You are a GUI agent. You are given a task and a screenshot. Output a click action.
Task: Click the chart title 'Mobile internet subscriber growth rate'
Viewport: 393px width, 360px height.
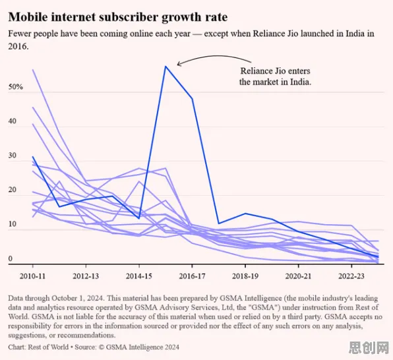pyautogui.click(x=118, y=17)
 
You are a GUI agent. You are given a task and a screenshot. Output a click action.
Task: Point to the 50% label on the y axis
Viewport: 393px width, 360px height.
pyautogui.click(x=16, y=87)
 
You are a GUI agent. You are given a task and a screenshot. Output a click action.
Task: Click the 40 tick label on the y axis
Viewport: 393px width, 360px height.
pyautogui.click(x=13, y=121)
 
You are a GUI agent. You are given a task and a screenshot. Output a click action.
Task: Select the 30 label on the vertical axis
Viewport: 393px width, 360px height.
pyautogui.click(x=13, y=156)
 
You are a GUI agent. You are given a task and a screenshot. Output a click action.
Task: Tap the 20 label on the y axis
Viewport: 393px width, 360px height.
pyautogui.click(x=13, y=190)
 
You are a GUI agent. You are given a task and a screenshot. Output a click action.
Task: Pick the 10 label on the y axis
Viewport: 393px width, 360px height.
pyautogui.click(x=13, y=224)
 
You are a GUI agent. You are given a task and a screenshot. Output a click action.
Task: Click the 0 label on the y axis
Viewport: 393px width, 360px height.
pyautogui.click(x=11, y=258)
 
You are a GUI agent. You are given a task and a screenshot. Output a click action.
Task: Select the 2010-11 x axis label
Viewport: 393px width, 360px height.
pyautogui.click(x=32, y=276)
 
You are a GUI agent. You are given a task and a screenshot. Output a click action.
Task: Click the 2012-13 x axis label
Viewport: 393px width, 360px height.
pyautogui.click(x=86, y=276)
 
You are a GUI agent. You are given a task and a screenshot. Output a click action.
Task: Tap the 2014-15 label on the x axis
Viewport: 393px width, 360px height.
pyautogui.click(x=139, y=276)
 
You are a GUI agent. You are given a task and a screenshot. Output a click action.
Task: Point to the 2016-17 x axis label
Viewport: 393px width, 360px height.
pyautogui.click(x=192, y=276)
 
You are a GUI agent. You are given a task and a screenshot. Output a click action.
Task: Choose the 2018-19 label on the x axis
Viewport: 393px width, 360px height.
pyautogui.click(x=245, y=276)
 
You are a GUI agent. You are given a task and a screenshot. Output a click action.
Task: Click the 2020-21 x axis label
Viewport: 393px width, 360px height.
pyautogui.click(x=298, y=276)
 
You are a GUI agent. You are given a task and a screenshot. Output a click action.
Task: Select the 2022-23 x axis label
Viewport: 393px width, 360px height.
pyautogui.click(x=351, y=276)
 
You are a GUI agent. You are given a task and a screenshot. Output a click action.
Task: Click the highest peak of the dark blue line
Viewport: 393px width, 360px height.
pyautogui.click(x=166, y=67)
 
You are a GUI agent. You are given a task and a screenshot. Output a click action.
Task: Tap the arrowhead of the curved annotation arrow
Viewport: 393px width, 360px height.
pyautogui.click(x=179, y=64)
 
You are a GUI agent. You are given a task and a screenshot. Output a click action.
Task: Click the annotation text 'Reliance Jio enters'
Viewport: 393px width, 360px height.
pyautogui.click(x=275, y=71)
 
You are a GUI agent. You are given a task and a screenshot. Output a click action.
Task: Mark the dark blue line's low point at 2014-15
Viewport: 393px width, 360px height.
pyautogui.click(x=139, y=218)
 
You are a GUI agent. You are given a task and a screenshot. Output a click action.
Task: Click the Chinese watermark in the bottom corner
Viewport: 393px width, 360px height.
pyautogui.click(x=369, y=347)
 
